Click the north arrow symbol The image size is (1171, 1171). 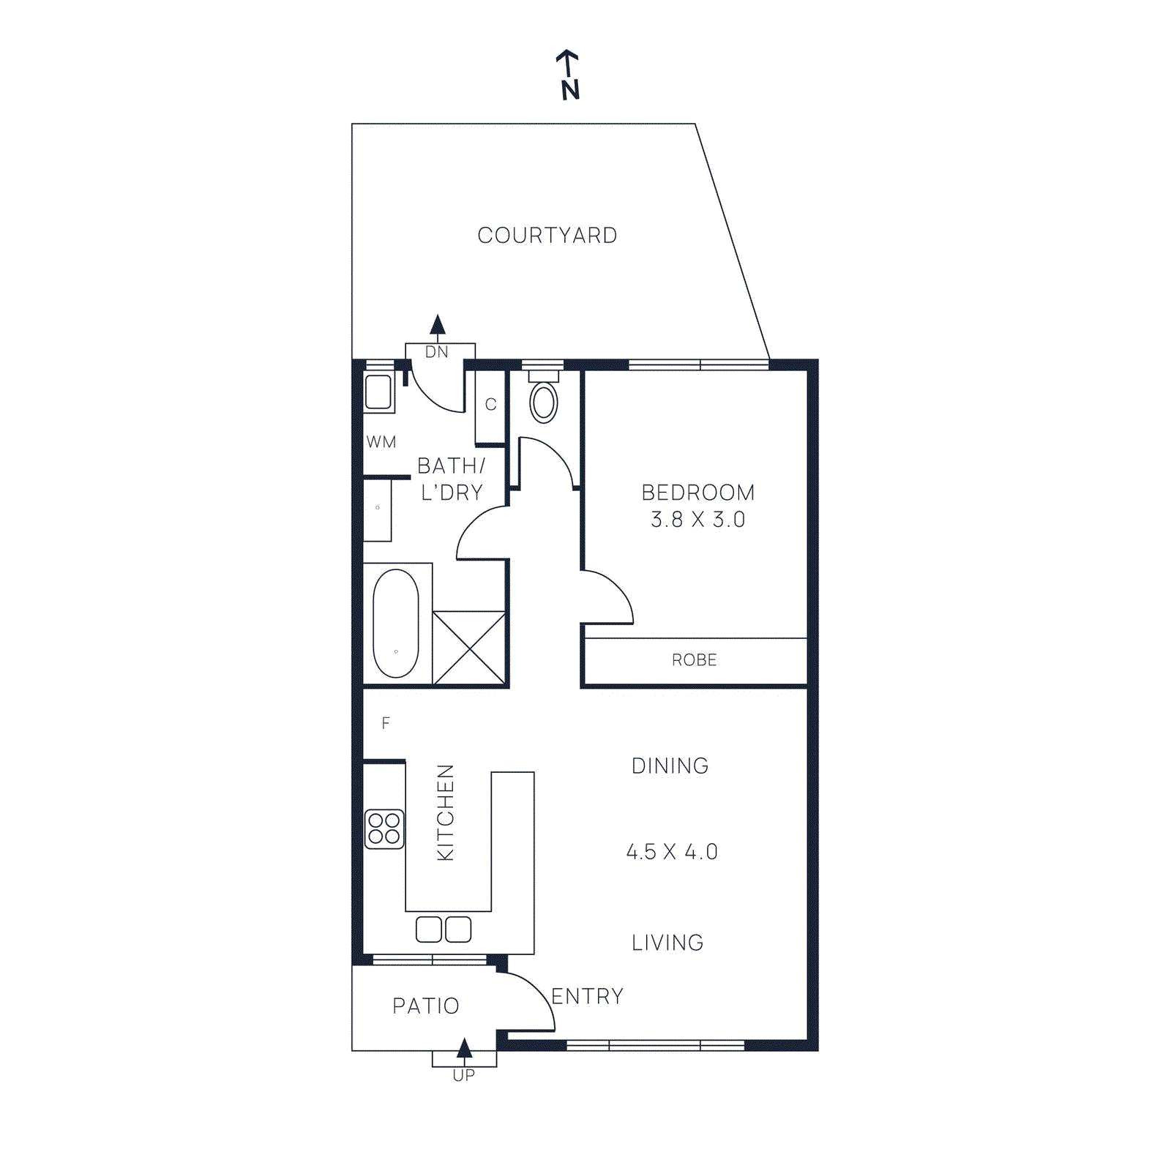569,75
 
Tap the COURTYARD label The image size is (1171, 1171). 547,236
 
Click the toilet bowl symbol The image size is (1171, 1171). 543,402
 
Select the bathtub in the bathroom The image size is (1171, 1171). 396,623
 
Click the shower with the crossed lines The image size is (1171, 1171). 469,648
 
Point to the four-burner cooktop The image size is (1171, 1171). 384,828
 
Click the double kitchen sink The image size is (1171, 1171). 444,929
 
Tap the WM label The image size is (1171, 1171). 381,442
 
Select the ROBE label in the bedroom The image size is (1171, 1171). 694,660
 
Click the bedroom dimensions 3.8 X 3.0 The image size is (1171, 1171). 697,520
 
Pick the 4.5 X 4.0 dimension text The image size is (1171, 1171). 672,852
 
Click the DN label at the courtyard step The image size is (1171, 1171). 437,352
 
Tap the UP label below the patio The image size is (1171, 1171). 464,1075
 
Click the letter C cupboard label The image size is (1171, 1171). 490,405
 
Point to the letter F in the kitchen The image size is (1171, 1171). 386,723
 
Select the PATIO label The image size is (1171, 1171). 426,1006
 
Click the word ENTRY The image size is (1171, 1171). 587,996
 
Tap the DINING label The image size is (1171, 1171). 670,766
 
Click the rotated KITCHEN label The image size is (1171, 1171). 445,812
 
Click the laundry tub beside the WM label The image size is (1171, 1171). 378,392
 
